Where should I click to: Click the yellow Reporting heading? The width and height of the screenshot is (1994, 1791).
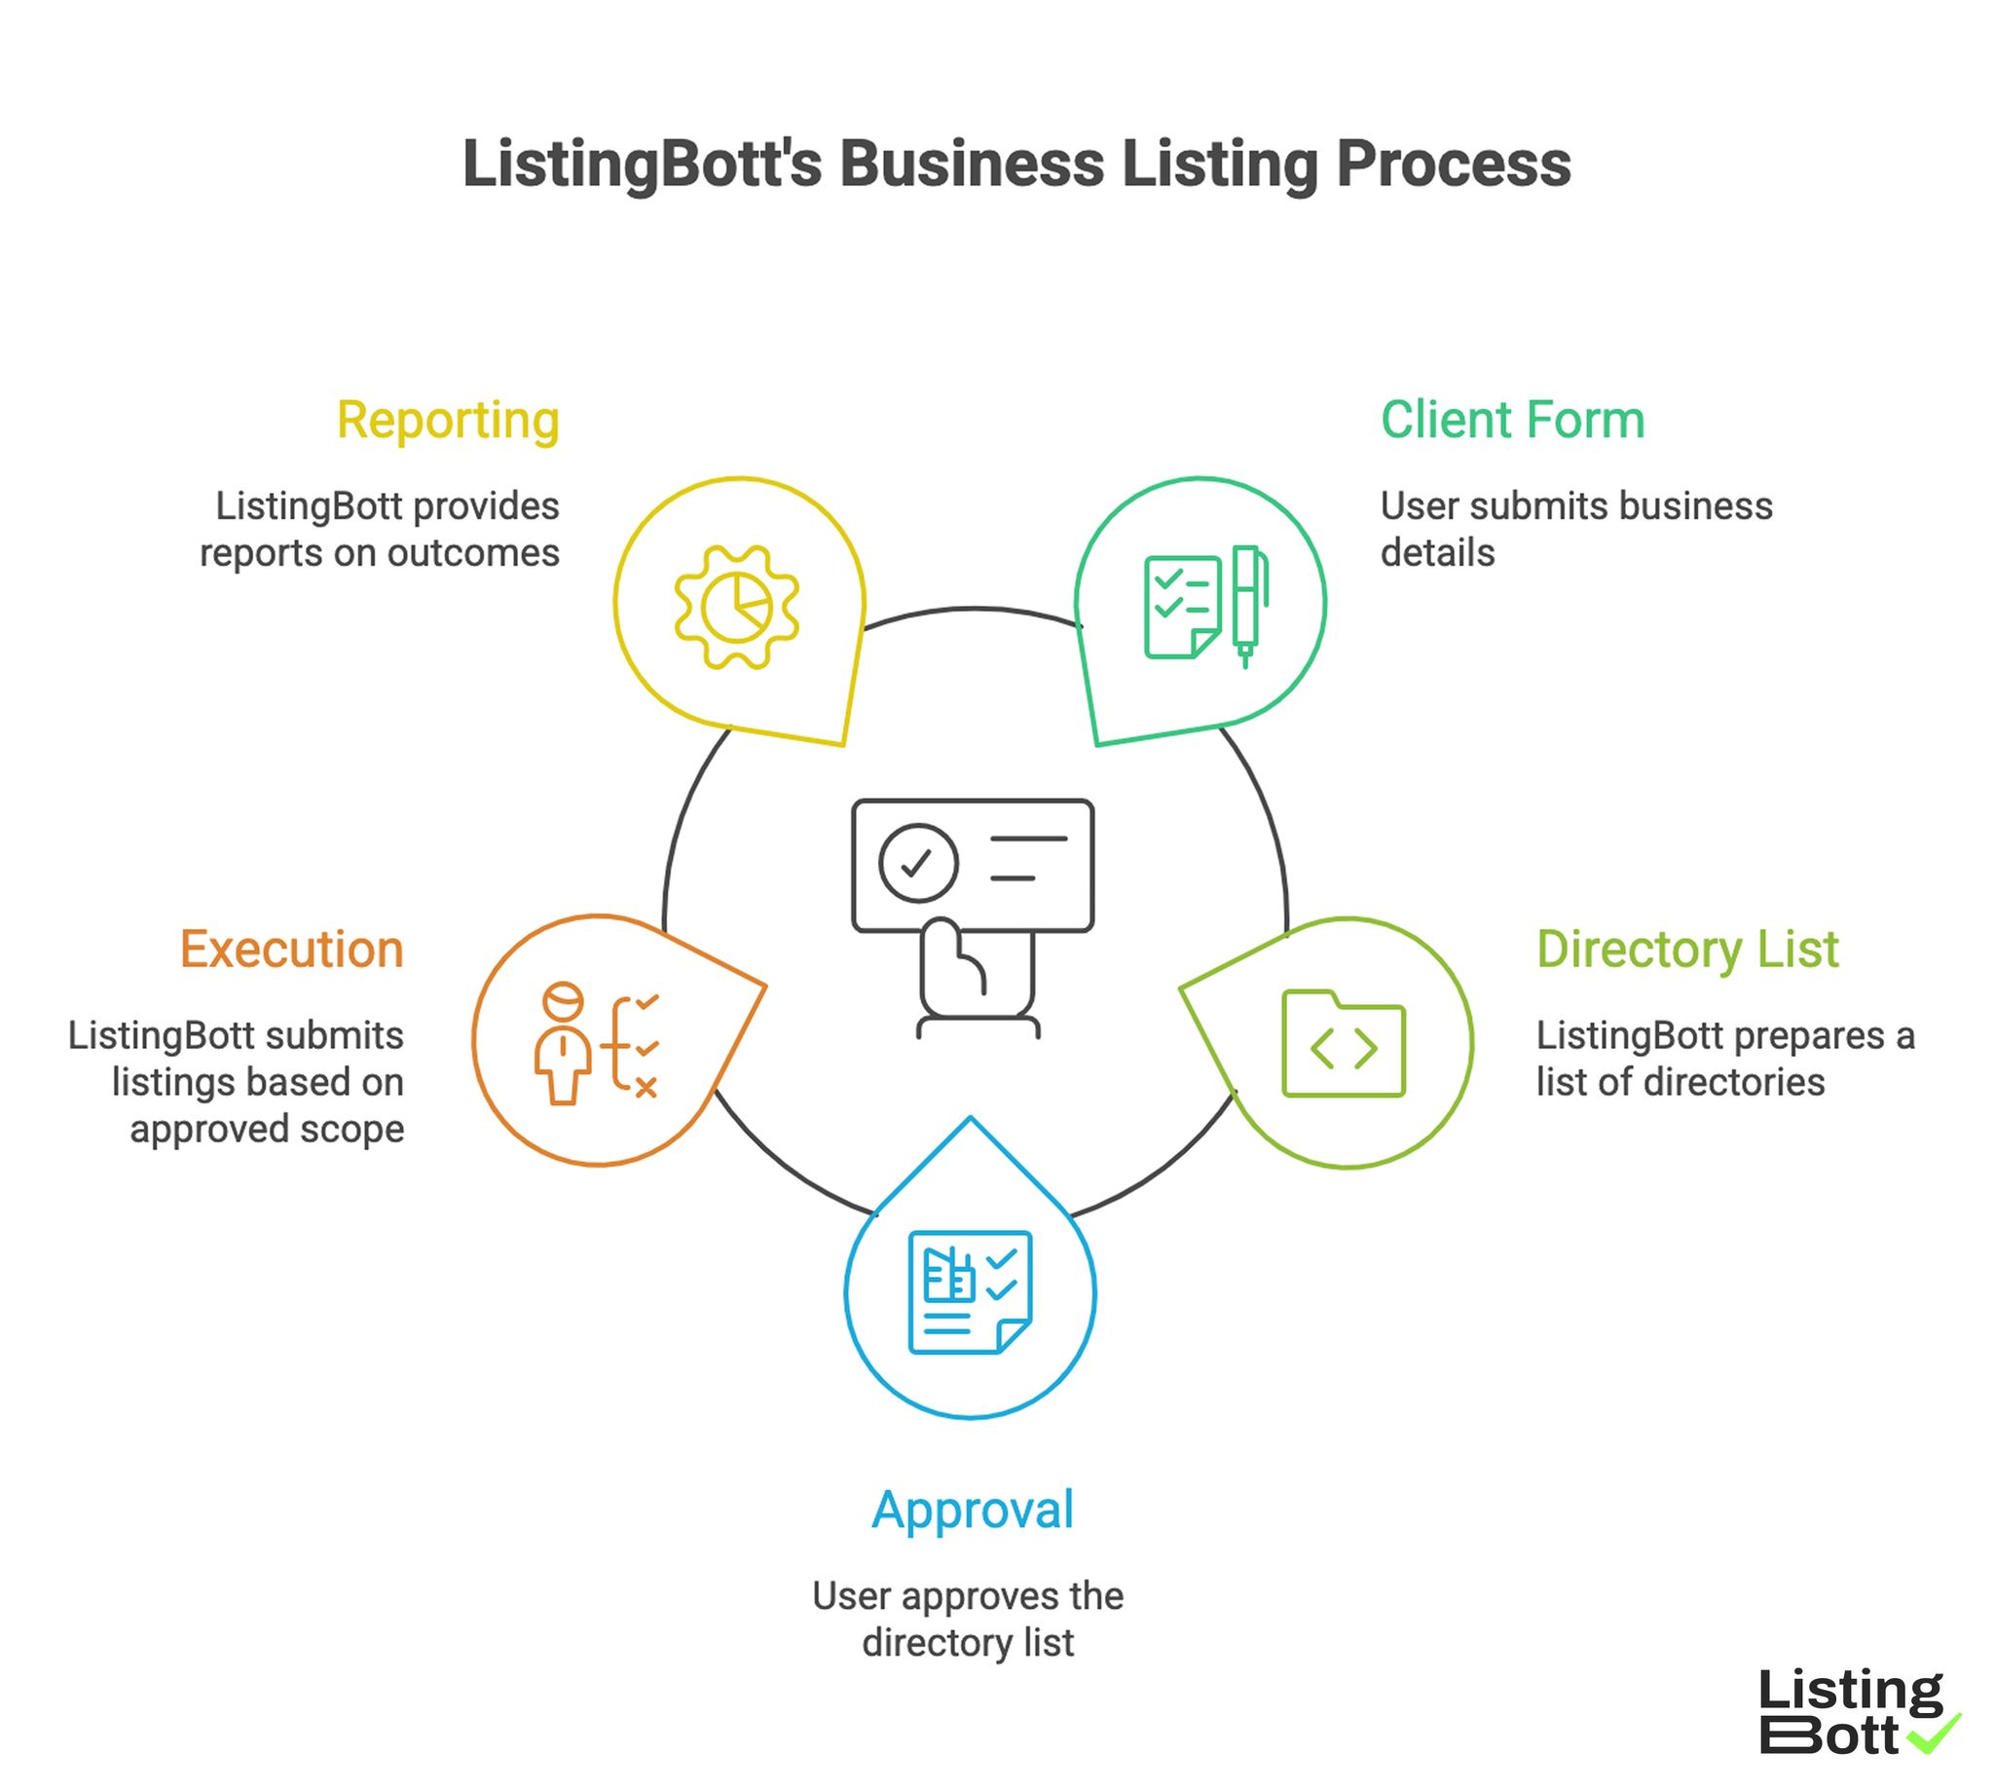pyautogui.click(x=448, y=421)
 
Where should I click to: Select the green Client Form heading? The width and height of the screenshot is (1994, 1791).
pyautogui.click(x=1512, y=421)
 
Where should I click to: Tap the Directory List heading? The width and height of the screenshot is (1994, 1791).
pyautogui.click(x=1687, y=951)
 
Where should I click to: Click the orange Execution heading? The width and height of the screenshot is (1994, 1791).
pyautogui.click(x=291, y=951)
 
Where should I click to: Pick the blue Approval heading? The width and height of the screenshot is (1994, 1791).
pyautogui.click(x=972, y=1511)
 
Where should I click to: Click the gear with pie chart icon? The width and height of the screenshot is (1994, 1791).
pyautogui.click(x=737, y=607)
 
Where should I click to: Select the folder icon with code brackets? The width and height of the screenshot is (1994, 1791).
pyautogui.click(x=1343, y=1044)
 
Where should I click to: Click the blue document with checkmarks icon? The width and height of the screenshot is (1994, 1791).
pyautogui.click(x=970, y=1292)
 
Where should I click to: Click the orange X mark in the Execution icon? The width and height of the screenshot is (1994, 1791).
pyautogui.click(x=646, y=1088)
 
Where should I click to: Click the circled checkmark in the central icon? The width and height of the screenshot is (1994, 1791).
pyautogui.click(x=918, y=863)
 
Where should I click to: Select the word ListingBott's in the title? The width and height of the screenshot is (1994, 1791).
pyautogui.click(x=642, y=165)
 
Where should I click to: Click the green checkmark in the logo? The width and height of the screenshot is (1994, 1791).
pyautogui.click(x=1932, y=1733)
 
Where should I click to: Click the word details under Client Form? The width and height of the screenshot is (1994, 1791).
pyautogui.click(x=1437, y=553)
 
